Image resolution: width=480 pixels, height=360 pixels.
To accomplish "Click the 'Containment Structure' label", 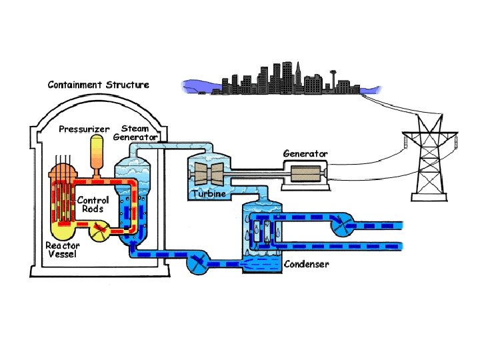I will [98, 85].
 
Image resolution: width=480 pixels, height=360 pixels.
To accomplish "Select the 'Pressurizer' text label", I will [83, 129].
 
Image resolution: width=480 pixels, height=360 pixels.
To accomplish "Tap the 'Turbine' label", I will [209, 194].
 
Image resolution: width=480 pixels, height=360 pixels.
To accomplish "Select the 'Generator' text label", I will [305, 153].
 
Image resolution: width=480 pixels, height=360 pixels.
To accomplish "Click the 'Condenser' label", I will [306, 264].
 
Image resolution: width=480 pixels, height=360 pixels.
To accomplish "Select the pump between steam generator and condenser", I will [198, 263].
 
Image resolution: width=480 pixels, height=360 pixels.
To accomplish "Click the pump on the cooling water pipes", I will [345, 226].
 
